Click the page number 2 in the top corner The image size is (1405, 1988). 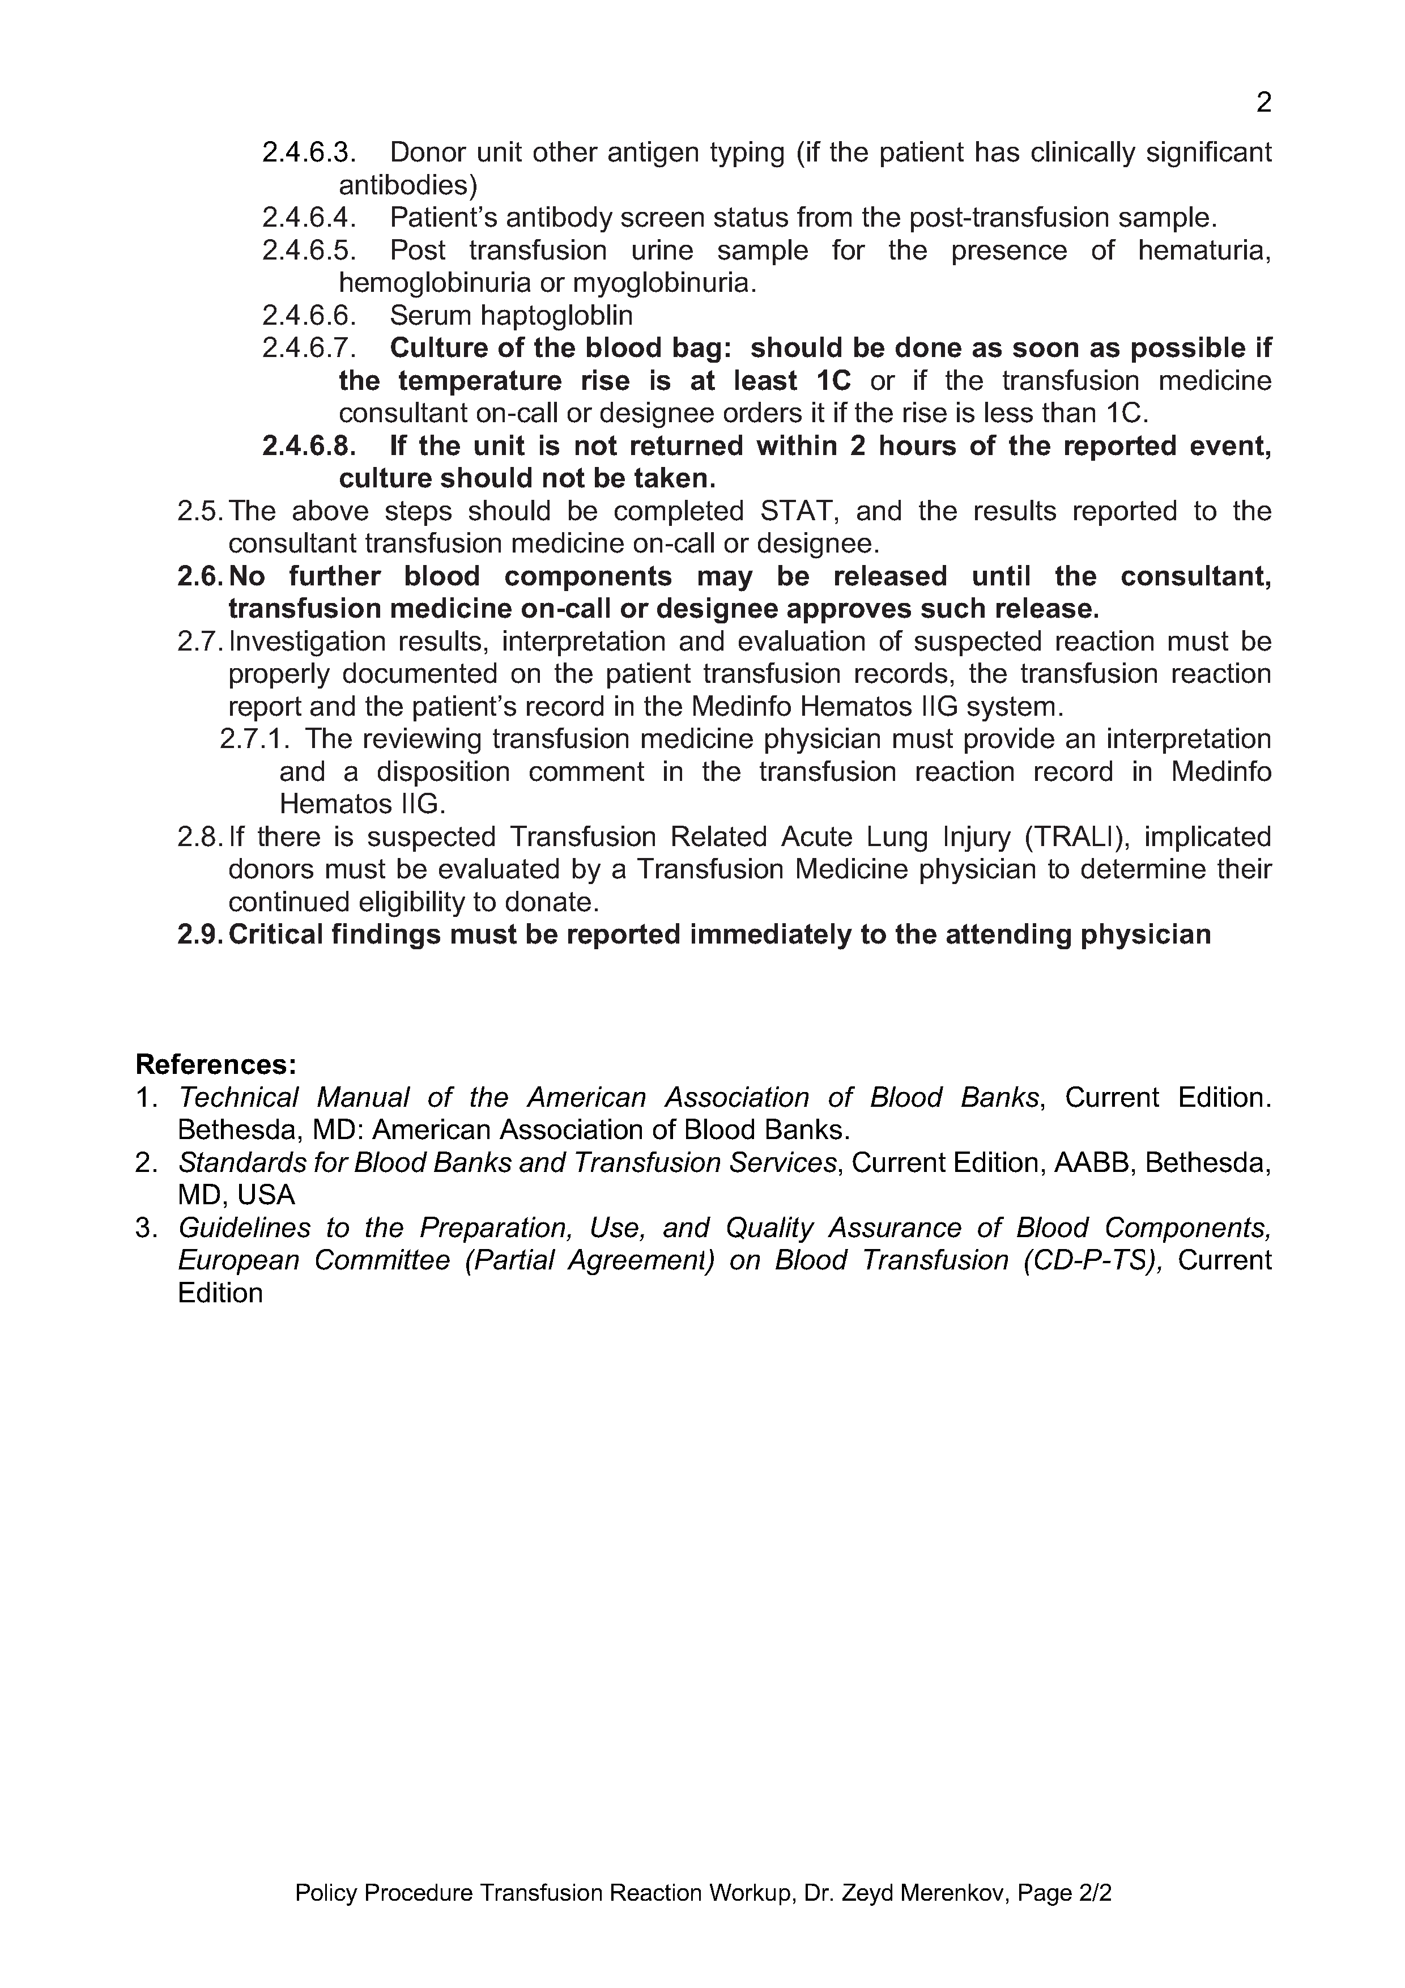1263,103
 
